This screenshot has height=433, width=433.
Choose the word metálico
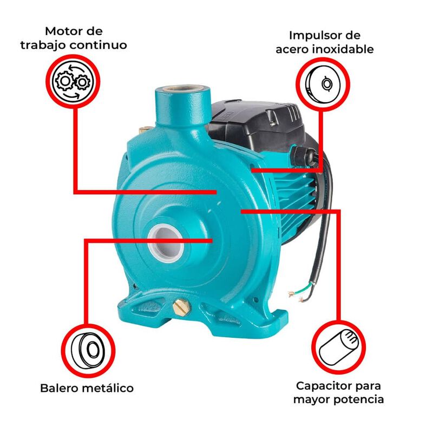(x=110, y=388)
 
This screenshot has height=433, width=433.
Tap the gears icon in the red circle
(x=73, y=82)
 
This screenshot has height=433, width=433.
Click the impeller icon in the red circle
(x=323, y=84)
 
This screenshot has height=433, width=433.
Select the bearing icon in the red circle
(x=88, y=350)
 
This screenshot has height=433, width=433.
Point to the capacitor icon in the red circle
(x=339, y=347)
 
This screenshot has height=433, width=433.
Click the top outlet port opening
(x=182, y=89)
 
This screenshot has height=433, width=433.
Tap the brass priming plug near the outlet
(x=144, y=129)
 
